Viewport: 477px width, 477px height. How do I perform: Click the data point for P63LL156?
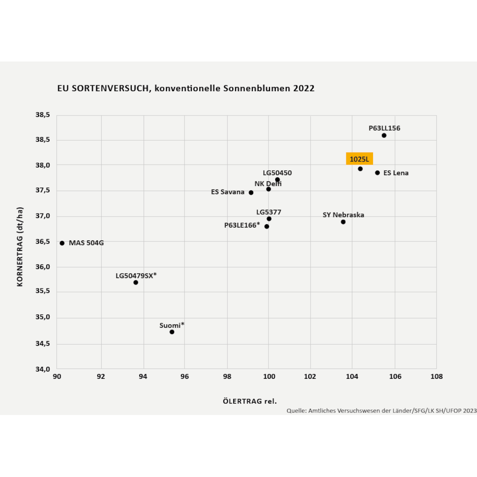tap(384, 135)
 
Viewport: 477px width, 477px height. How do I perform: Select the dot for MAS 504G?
tap(62, 243)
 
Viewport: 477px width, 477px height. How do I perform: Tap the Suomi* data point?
tap(172, 332)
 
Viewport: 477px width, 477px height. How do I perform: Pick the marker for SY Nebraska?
tap(343, 222)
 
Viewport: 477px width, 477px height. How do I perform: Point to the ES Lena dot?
tap(377, 173)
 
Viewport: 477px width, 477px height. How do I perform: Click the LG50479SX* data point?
tap(135, 282)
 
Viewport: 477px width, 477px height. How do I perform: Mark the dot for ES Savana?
tap(251, 193)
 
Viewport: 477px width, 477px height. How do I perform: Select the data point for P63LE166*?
tap(267, 227)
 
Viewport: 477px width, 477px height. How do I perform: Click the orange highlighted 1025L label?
tap(359, 159)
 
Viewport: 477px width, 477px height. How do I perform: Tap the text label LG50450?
tap(277, 173)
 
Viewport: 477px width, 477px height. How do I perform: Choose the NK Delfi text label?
tap(268, 184)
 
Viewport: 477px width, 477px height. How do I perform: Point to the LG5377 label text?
tap(269, 212)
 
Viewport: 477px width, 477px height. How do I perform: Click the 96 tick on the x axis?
tap(185, 377)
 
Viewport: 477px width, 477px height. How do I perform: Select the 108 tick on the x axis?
tap(436, 377)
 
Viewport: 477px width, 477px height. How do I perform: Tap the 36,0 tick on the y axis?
tap(43, 267)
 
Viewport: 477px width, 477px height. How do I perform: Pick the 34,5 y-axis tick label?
tap(43, 344)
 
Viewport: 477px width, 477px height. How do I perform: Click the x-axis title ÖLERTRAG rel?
tap(249, 401)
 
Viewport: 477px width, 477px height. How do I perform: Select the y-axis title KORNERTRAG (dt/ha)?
tap(20, 247)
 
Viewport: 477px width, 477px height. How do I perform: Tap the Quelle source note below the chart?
tap(381, 410)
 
